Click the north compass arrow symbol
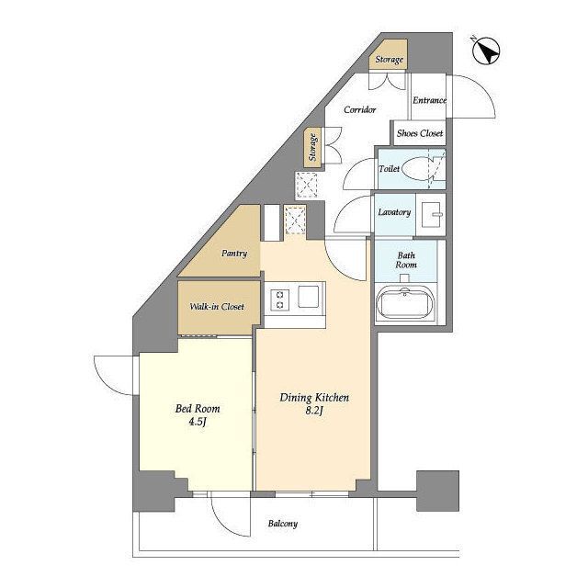(486, 51)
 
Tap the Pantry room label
(234, 254)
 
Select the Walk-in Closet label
(217, 307)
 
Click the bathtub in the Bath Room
(405, 303)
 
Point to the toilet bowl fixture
(418, 169)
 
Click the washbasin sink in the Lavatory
(431, 214)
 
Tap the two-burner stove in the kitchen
(279, 300)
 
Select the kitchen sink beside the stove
(309, 296)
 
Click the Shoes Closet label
(420, 133)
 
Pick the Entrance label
(429, 100)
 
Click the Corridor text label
(359, 110)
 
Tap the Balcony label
(283, 524)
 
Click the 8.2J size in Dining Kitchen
(314, 411)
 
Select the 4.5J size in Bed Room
(198, 422)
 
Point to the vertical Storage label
(312, 147)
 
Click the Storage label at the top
(390, 59)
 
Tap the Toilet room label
(390, 169)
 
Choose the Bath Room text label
(406, 260)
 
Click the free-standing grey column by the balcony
(438, 491)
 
